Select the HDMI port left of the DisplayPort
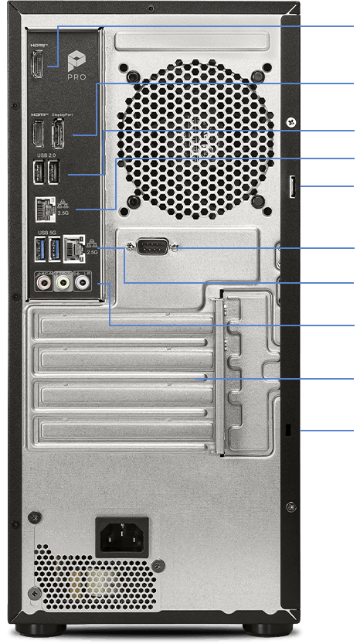coord(37,135)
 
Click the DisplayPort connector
coord(56,135)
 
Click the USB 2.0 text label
coord(46,157)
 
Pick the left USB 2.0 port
coord(39,175)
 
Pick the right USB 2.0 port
coord(53,175)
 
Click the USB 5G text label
coord(46,231)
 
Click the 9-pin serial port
coord(151,248)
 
